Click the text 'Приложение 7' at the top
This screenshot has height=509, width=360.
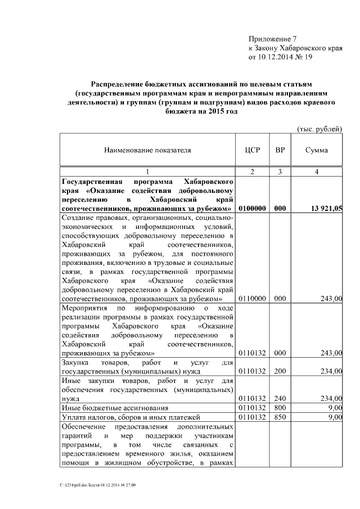point(272,39)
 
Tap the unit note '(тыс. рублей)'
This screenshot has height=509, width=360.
point(319,129)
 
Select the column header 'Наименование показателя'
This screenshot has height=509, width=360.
point(147,151)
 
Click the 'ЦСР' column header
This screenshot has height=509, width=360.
point(251,151)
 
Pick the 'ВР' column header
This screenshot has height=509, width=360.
point(279,151)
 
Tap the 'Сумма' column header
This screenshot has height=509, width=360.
point(316,151)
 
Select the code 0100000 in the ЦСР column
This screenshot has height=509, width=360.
point(251,209)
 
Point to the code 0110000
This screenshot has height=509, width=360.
point(251,299)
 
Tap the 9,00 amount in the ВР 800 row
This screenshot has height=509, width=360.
point(334,408)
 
